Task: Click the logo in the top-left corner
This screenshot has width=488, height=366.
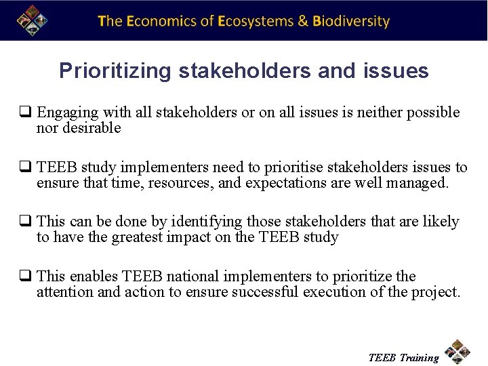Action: (31, 20)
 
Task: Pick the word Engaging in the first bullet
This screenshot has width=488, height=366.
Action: (64, 113)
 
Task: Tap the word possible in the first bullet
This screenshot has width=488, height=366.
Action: (433, 113)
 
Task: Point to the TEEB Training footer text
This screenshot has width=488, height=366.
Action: (403, 357)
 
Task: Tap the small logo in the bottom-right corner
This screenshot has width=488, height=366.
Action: (457, 352)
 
